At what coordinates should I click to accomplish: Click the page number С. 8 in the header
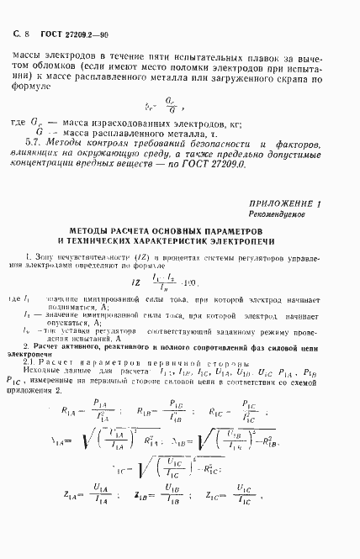(x=22, y=34)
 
